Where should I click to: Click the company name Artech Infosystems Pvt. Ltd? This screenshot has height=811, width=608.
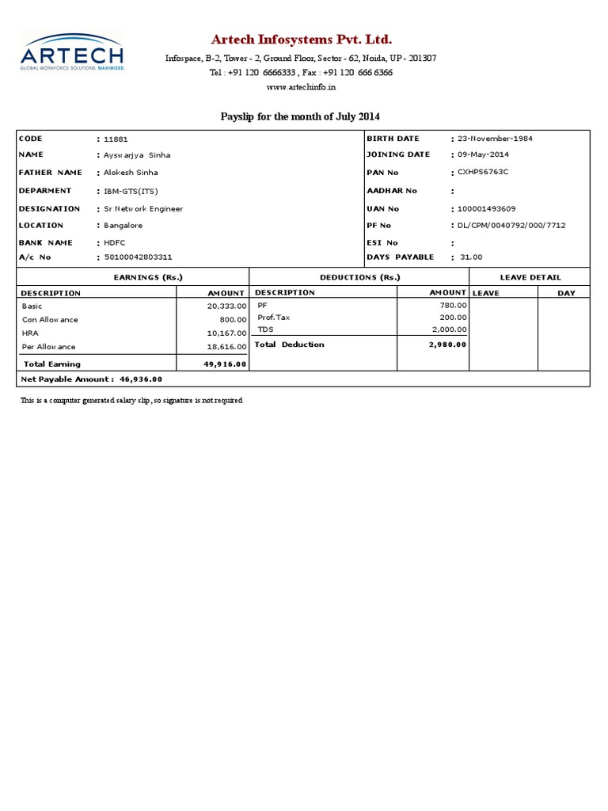coord(301,40)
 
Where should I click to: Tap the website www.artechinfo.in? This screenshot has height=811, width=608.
coord(300,86)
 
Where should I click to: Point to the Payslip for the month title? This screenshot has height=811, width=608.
coord(300,116)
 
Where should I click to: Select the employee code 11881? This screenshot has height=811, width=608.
coord(116,139)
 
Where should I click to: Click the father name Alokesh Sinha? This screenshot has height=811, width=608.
coord(131,173)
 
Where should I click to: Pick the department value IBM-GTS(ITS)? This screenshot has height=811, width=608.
coord(131,191)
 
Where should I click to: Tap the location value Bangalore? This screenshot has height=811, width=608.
coord(123,226)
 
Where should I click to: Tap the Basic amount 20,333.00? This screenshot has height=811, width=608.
coord(227,305)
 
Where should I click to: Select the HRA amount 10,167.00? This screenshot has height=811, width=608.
coord(227,333)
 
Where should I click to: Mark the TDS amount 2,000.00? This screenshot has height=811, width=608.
coord(449,329)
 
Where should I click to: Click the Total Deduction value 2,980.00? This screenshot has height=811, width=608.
coord(447,345)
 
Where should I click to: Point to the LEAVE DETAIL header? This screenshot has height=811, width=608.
coord(530,277)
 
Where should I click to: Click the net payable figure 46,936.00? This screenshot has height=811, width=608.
coord(141,380)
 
